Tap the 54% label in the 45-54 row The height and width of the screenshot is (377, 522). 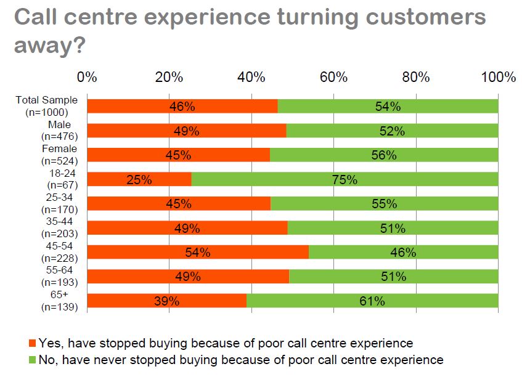[x=198, y=253]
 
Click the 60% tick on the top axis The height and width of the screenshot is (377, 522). [x=333, y=78]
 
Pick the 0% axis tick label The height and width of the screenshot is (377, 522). [x=87, y=78]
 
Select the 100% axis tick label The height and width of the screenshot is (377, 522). [x=498, y=78]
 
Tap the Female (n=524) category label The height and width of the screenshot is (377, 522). [x=59, y=155]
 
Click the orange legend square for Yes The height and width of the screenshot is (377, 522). [x=33, y=343]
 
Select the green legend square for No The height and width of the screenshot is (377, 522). [x=33, y=360]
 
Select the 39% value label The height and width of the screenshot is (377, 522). [x=166, y=301]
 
